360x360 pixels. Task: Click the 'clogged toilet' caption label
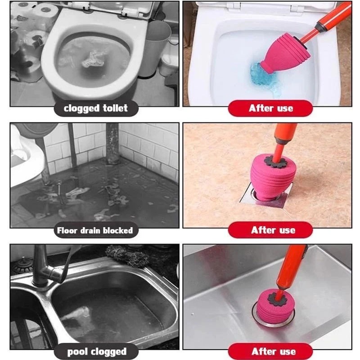[x=96, y=108]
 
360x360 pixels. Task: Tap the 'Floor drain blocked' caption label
[x=95, y=230]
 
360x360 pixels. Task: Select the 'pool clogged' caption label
[x=96, y=351]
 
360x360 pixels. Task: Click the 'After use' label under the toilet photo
[x=270, y=108]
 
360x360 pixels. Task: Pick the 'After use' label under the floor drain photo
[x=270, y=230]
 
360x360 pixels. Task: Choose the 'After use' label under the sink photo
[x=270, y=351]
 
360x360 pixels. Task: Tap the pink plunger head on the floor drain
[x=272, y=177]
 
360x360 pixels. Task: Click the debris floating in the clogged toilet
[x=94, y=59]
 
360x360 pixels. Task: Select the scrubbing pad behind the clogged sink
[x=128, y=255]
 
